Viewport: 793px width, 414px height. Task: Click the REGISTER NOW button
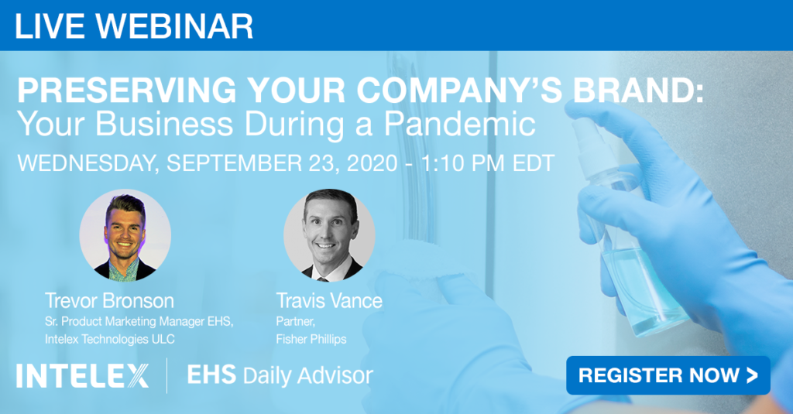coord(668,375)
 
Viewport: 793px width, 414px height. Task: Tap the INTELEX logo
coord(82,375)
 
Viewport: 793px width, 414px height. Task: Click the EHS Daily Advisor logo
coord(280,375)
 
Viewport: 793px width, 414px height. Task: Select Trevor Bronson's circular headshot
coord(125,235)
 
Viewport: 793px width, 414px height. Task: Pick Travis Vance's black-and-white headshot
coord(329,235)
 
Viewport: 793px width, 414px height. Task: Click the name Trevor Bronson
coord(109,301)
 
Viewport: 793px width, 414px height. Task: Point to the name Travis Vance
coord(329,301)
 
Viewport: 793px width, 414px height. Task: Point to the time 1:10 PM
coord(462,163)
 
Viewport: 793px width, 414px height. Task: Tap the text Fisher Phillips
coord(311,339)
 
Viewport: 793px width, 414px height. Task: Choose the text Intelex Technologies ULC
coord(110,339)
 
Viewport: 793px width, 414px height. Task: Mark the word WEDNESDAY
coord(88,163)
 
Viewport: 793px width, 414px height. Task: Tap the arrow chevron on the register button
coord(752,375)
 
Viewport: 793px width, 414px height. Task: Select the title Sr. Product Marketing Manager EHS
coord(139,321)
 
